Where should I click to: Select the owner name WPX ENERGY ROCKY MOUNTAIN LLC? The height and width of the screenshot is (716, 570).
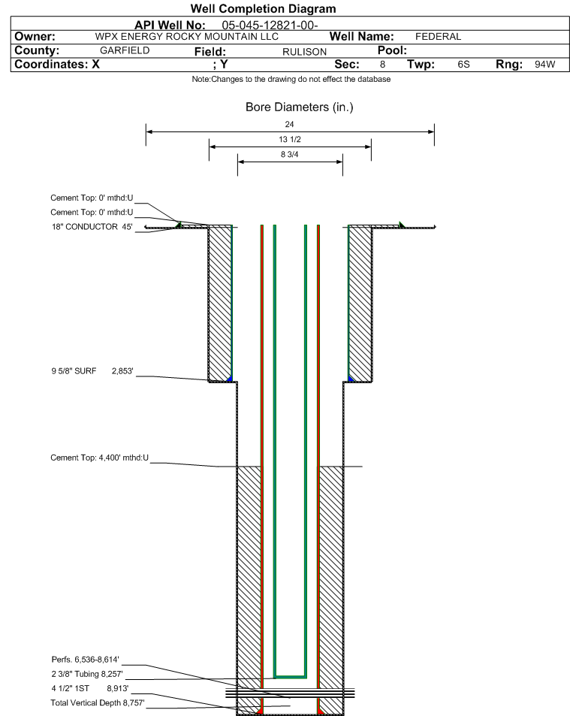click(x=187, y=37)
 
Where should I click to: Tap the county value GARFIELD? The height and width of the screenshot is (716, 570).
click(x=125, y=50)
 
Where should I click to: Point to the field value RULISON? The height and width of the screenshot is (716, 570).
click(x=304, y=51)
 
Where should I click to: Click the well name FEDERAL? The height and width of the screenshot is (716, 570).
click(x=438, y=37)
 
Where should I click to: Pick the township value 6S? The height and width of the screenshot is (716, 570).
click(x=463, y=65)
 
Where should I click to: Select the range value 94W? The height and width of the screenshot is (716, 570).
click(x=544, y=65)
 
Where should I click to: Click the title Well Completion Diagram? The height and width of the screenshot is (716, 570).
click(x=263, y=9)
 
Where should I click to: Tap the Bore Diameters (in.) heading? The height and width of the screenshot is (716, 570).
click(x=299, y=107)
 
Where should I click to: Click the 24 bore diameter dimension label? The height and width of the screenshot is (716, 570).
click(x=290, y=124)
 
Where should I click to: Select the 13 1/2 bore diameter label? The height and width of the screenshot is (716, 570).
click(x=290, y=140)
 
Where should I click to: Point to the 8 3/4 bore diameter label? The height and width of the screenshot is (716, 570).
click(x=290, y=155)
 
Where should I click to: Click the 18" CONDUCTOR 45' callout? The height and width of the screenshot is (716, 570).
click(x=92, y=227)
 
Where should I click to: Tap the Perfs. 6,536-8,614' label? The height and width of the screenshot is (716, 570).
click(x=86, y=658)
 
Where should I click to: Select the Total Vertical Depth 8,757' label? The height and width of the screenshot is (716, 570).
click(x=98, y=702)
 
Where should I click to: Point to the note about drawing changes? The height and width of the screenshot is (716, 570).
click(x=291, y=79)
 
